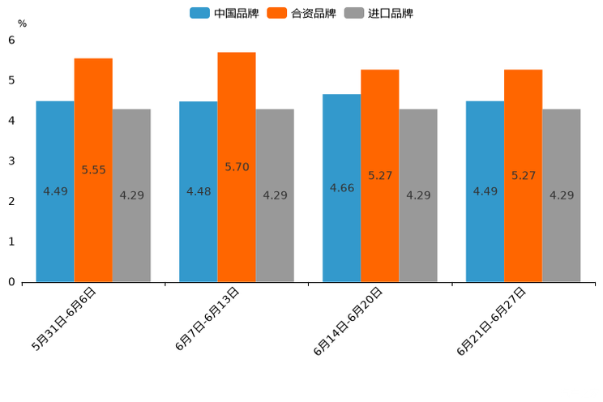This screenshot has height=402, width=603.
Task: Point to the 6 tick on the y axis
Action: tap(11, 40)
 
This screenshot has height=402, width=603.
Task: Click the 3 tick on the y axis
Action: tap(11, 161)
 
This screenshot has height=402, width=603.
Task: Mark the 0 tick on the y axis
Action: tap(11, 282)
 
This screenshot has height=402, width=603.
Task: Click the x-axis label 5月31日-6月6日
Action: tap(65, 319)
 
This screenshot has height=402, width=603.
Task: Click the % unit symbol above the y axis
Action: tap(22, 24)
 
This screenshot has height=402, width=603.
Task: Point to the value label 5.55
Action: tap(93, 170)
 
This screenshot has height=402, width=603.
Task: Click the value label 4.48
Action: tap(199, 192)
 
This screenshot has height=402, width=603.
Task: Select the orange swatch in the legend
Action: tap(278, 13)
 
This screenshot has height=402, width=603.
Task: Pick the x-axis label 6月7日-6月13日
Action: tap(207, 319)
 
